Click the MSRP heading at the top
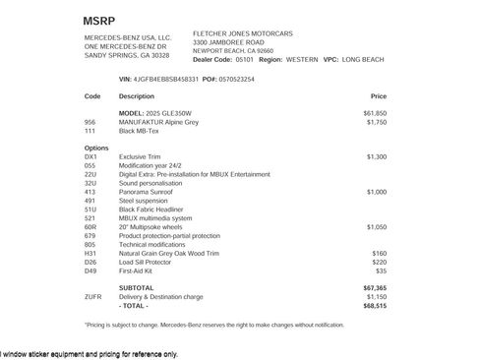[99, 20]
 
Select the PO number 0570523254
[235, 78]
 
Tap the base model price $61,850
[375, 114]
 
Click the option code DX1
[90, 156]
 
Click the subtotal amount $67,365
[375, 287]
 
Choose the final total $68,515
[375, 305]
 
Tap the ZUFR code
[93, 296]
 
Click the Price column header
[379, 96]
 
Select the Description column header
[137, 96]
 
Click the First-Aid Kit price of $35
[381, 269]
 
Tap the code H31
[90, 253]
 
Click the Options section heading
[96, 148]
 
